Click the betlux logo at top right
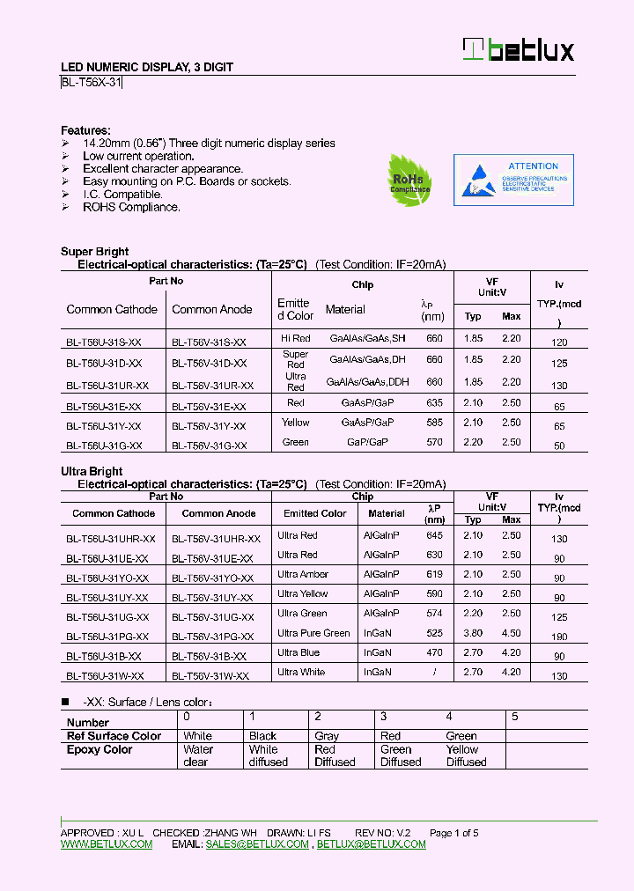point(519,50)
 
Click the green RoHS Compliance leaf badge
point(409,180)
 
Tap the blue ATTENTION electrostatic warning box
point(513,180)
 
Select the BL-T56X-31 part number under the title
point(92,83)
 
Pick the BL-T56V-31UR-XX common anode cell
point(212,386)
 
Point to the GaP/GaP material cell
point(367,442)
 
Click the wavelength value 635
point(434,403)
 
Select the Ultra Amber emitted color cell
point(303,574)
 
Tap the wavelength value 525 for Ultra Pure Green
point(434,633)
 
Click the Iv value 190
point(559,637)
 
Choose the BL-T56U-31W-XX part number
point(105,675)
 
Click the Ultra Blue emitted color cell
point(299,652)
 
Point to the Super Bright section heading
point(94,252)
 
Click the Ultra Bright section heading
point(92,472)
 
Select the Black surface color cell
point(262,736)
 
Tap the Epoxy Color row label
point(100,750)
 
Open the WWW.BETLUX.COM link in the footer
point(107,844)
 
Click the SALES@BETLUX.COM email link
point(257,844)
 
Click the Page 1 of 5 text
point(453,833)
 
